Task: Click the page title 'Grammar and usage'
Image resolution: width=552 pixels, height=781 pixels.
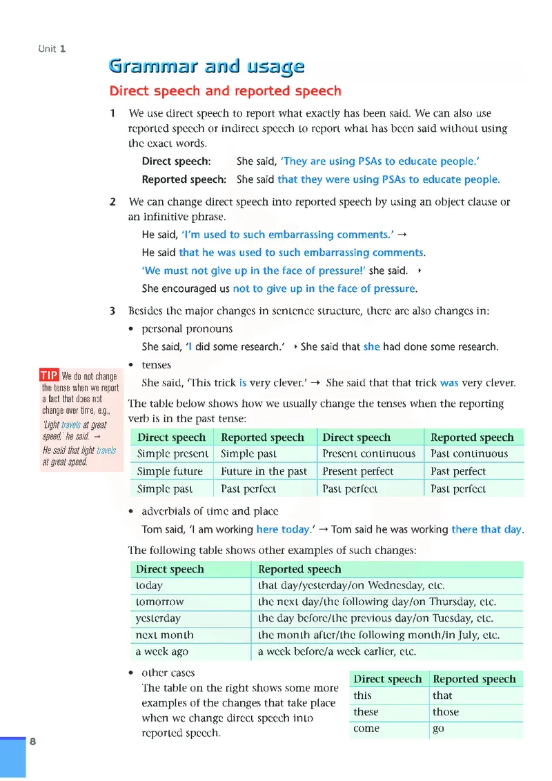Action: (x=206, y=66)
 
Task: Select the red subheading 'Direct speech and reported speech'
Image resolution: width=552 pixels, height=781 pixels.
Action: (x=225, y=91)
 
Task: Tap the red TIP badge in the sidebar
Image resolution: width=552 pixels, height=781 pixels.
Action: (x=48, y=375)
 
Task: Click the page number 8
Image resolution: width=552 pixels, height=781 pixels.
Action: (x=32, y=742)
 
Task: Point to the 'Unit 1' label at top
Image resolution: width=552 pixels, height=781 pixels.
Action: (x=52, y=48)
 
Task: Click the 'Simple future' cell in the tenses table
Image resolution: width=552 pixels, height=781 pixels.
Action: (x=170, y=471)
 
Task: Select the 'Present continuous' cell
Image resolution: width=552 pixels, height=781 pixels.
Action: (x=368, y=454)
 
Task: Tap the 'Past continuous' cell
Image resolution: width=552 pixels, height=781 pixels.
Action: (x=469, y=454)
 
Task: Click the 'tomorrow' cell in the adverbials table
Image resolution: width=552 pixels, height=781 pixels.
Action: (x=159, y=602)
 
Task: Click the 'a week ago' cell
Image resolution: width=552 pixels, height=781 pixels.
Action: (x=161, y=651)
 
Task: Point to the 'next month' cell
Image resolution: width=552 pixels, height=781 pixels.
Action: (x=164, y=635)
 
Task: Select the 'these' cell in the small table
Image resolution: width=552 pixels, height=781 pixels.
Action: (x=366, y=712)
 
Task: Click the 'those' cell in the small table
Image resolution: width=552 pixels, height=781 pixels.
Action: (x=445, y=712)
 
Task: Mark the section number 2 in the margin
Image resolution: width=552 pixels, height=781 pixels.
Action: (x=112, y=202)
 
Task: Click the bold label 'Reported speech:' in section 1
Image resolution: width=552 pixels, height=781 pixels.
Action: (x=184, y=179)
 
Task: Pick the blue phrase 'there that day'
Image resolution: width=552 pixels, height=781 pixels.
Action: (x=486, y=530)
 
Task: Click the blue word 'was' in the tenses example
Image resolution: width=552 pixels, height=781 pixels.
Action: (x=449, y=383)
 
